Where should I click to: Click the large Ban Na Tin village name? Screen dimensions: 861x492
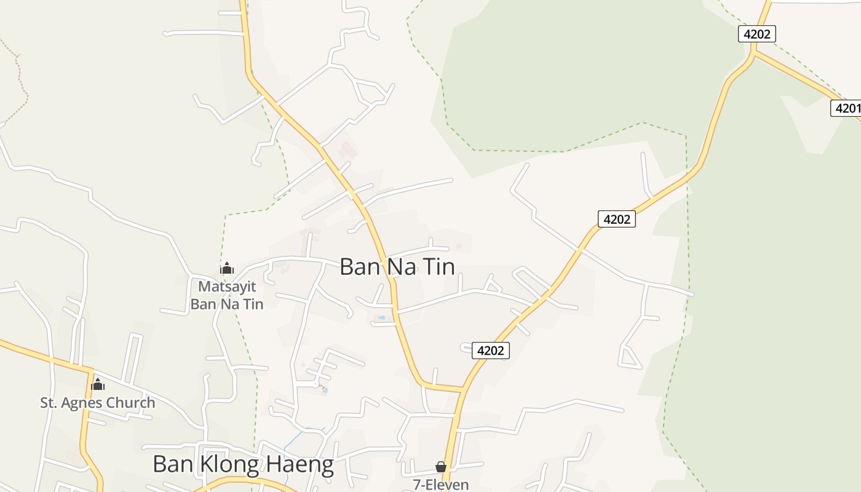click(x=397, y=267)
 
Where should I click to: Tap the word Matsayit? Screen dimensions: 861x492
click(x=227, y=287)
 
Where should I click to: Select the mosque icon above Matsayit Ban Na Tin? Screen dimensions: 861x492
click(x=227, y=268)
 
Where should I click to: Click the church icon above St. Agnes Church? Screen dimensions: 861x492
click(x=97, y=385)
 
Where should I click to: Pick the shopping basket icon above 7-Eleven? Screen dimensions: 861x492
click(x=440, y=467)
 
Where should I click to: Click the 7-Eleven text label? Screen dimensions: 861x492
click(x=440, y=485)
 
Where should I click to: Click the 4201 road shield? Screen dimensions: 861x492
click(x=846, y=108)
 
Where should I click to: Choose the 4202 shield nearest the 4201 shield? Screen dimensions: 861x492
click(x=756, y=34)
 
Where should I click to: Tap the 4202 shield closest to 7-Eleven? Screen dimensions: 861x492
click(x=490, y=351)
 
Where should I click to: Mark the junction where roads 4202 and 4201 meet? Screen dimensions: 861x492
click(x=753, y=53)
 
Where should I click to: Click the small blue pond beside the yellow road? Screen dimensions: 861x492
click(x=381, y=318)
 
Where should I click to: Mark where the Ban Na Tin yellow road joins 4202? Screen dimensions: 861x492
click(x=462, y=389)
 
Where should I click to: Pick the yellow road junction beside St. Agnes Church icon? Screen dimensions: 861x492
click(x=90, y=370)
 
